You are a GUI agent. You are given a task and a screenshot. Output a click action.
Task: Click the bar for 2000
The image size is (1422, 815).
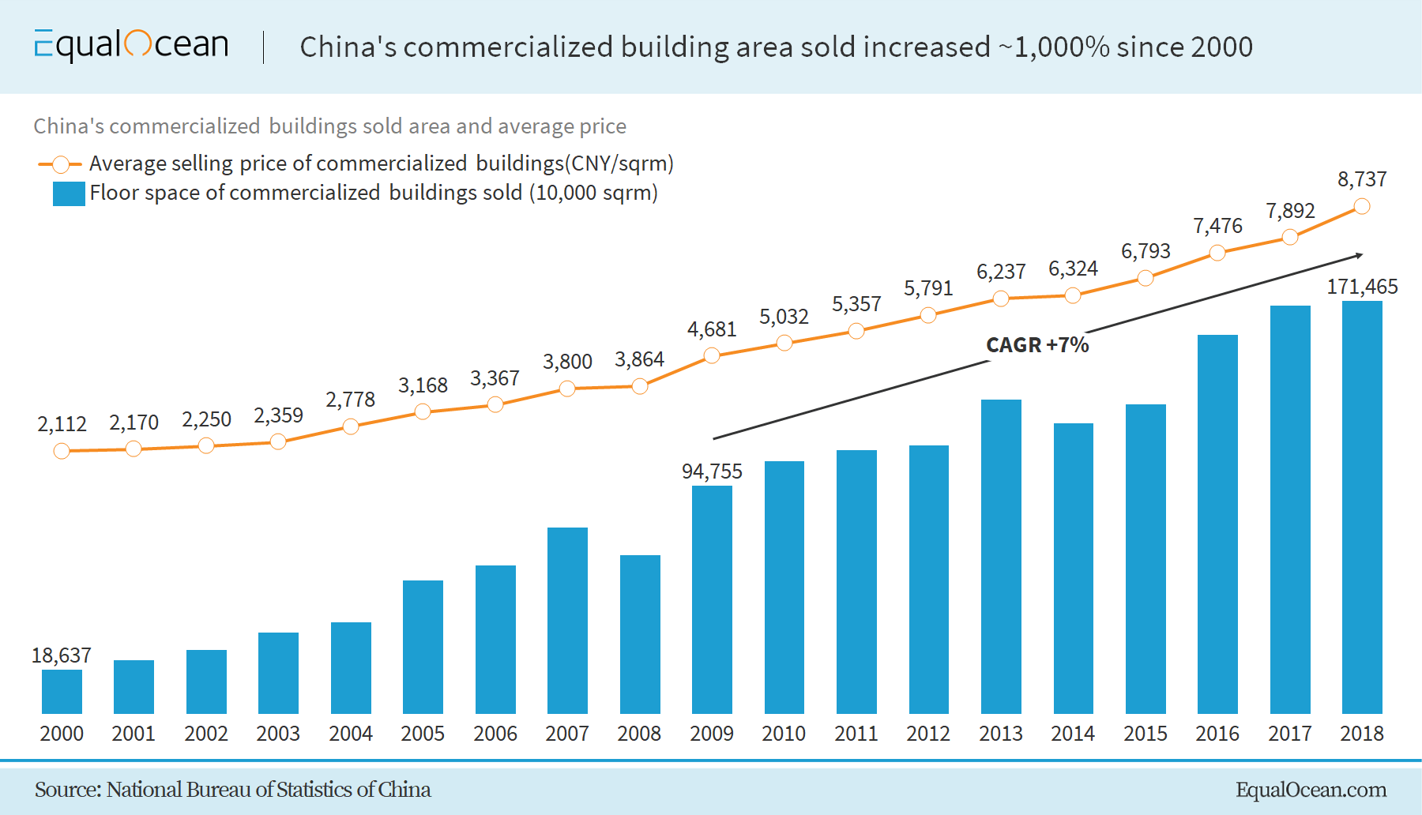[62, 692]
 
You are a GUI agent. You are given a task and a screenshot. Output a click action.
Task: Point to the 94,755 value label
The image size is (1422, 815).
[712, 471]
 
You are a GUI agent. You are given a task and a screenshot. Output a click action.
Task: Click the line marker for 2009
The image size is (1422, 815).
[712, 355]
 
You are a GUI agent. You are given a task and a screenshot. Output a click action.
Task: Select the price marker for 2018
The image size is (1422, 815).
[1362, 207]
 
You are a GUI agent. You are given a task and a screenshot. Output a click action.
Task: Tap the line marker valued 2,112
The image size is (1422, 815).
[62, 451]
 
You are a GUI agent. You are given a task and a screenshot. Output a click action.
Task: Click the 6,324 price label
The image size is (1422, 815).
[1073, 269]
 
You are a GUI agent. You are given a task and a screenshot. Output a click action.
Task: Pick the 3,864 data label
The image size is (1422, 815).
[639, 359]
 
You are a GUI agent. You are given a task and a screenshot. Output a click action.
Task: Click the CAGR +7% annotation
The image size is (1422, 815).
[1037, 345]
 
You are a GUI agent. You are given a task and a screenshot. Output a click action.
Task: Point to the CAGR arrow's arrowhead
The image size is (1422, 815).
[1359, 255]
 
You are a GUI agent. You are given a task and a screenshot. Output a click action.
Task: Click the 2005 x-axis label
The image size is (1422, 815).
[423, 734]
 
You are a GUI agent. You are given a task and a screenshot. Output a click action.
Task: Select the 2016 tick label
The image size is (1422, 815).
[1217, 734]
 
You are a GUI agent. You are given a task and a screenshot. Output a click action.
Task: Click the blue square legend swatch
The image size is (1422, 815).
[69, 193]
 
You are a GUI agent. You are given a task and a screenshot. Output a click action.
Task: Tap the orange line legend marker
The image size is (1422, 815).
[60, 164]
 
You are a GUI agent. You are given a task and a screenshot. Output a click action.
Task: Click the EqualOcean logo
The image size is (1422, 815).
[131, 45]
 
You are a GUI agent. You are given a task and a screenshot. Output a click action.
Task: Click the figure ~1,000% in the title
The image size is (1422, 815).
[1054, 47]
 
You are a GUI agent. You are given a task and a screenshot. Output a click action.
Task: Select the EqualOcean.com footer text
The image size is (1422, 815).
[1311, 790]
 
